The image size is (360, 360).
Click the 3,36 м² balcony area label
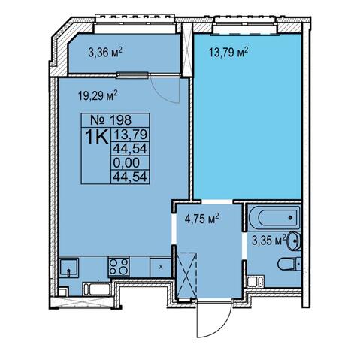pyautogui.click(x=105, y=53)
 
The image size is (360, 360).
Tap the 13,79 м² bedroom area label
pyautogui.click(x=228, y=53)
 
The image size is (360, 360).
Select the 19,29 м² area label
pyautogui.click(x=98, y=95)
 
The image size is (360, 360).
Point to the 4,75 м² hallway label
pyautogui.click(x=201, y=219)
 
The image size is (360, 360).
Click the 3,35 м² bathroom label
pyautogui.click(x=269, y=241)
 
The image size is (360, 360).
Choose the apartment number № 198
pyautogui.click(x=110, y=120)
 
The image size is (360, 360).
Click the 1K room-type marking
pyautogui.click(x=97, y=137)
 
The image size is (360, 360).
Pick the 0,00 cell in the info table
pyautogui.click(x=126, y=163)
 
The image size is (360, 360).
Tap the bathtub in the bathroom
pyautogui.click(x=274, y=218)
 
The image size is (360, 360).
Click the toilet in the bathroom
pyautogui.click(x=289, y=263)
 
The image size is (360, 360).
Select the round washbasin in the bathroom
pyautogui.click(x=294, y=241)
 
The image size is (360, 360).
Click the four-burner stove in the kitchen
pyautogui.click(x=119, y=267)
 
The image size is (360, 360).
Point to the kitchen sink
pyautogui.click(x=69, y=268)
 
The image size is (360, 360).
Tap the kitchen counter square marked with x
pyautogui.click(x=161, y=267)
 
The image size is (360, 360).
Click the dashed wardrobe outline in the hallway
pyautogui.click(x=187, y=275)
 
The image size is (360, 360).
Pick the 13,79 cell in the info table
pyautogui.click(x=130, y=135)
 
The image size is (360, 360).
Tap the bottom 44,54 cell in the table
pyautogui.click(x=130, y=177)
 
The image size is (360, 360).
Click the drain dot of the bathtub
pyautogui.click(x=290, y=218)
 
